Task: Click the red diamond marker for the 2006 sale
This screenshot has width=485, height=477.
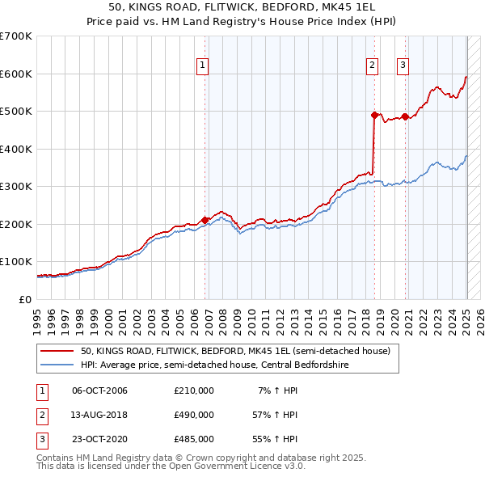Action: pos(205,219)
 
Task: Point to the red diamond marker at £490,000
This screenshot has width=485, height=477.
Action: pos(374,115)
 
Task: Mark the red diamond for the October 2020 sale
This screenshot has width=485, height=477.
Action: pos(405,116)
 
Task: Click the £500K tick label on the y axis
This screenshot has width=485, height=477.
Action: pos(15,112)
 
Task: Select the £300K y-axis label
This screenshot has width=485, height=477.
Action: pos(15,187)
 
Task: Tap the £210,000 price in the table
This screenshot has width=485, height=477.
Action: pos(194,390)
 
